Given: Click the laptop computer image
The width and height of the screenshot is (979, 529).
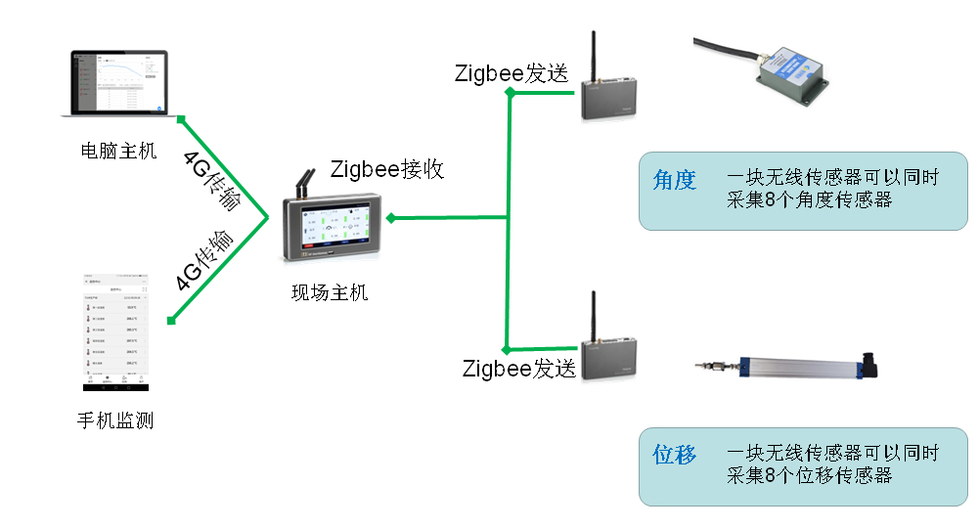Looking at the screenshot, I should (x=114, y=84).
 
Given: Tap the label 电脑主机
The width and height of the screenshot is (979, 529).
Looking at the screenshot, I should (x=118, y=152).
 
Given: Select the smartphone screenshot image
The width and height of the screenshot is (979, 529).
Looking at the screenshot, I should (x=114, y=333).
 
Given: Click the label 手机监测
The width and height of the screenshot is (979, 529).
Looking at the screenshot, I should (x=115, y=421).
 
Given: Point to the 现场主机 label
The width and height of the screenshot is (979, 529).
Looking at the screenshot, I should (x=330, y=291).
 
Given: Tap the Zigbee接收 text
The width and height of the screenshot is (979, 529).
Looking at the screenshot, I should (x=387, y=169).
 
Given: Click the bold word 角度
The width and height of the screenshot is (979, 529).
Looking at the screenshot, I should (x=674, y=180).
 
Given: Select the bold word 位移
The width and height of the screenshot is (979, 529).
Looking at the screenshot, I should (x=674, y=455).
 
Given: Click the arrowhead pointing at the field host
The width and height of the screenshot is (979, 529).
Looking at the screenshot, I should (x=390, y=218).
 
